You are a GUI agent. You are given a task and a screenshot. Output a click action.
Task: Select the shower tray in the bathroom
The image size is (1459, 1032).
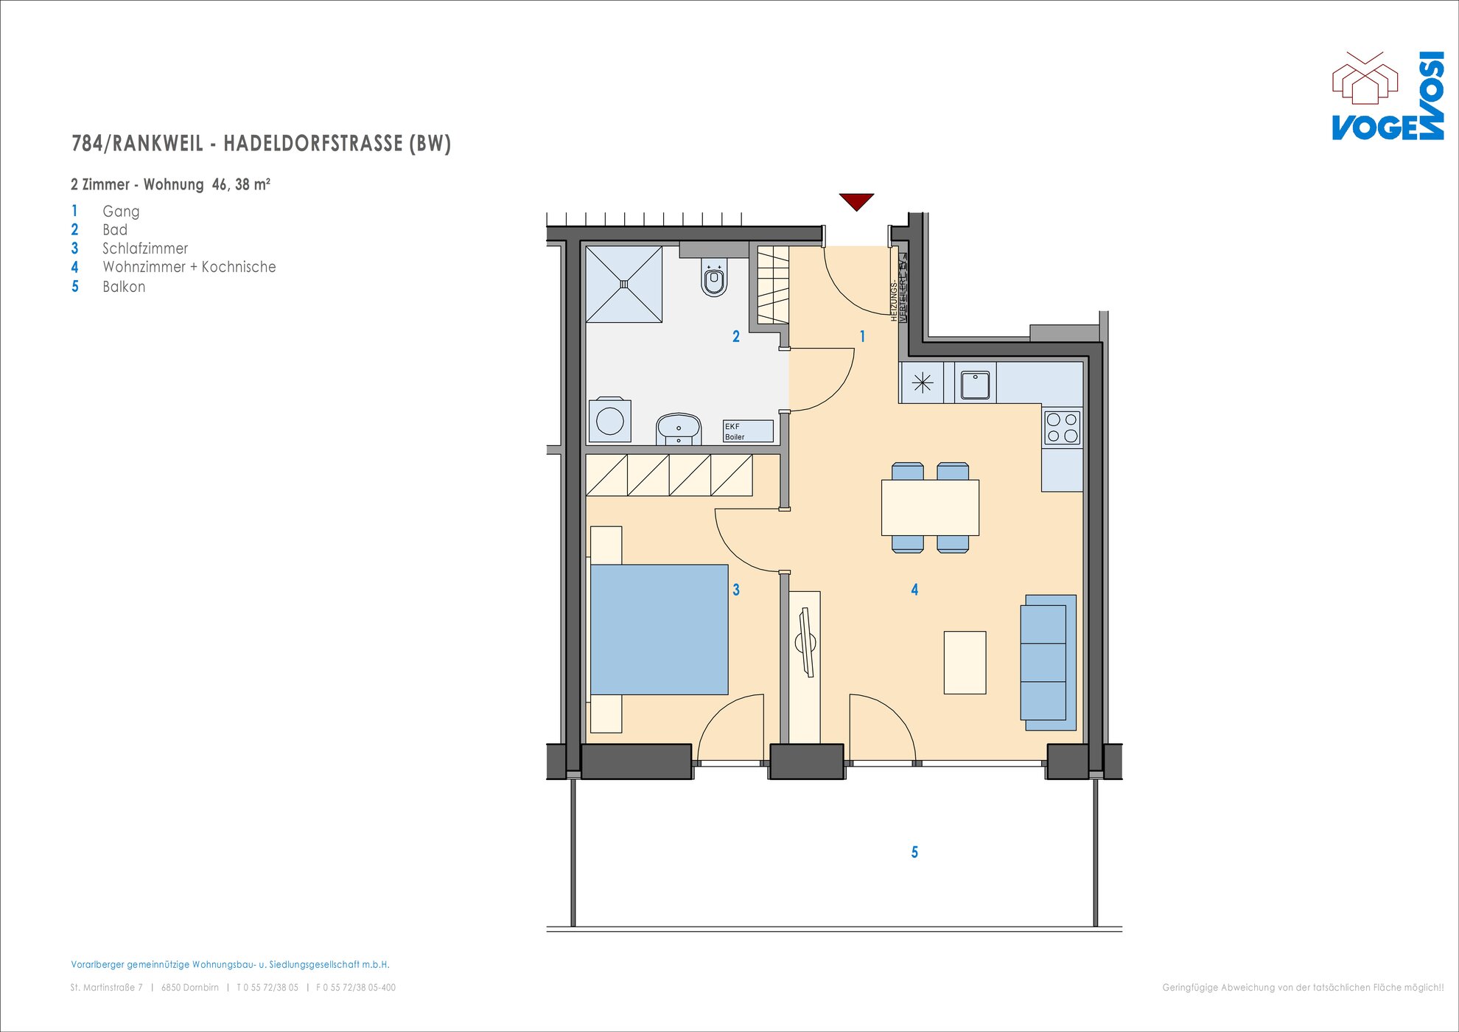[x=624, y=284]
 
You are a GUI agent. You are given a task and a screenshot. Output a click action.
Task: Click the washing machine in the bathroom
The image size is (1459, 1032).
[x=610, y=420]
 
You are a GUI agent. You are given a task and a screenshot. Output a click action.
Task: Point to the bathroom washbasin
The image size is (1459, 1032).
[x=678, y=429]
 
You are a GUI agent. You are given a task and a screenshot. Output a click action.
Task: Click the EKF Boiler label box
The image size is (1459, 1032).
[x=748, y=431]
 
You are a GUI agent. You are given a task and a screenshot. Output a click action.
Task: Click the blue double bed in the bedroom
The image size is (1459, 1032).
[x=659, y=630]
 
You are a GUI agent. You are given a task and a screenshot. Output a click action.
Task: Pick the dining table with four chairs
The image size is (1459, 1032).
[x=930, y=507]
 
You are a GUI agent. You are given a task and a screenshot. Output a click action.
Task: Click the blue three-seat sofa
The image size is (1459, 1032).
[x=1048, y=663]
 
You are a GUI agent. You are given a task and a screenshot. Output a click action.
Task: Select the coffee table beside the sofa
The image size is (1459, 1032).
[x=965, y=662]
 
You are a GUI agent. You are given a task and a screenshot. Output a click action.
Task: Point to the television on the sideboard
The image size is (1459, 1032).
[x=806, y=642]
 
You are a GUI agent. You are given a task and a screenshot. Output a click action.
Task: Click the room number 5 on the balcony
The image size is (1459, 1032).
[x=914, y=852]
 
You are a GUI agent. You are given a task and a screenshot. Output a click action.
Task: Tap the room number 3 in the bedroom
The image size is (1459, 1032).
[x=736, y=590]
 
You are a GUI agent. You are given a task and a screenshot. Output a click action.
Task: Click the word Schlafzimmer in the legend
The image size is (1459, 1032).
[x=145, y=248]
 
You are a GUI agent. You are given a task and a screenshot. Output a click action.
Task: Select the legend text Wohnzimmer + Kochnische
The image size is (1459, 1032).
[x=189, y=267]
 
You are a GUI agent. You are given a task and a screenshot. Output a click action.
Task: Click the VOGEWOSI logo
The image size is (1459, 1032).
[x=1388, y=96]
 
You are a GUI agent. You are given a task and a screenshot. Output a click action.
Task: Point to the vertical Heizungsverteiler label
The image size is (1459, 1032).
[x=898, y=287]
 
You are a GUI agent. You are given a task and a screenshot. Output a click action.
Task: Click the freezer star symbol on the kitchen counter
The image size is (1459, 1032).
[x=923, y=383]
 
